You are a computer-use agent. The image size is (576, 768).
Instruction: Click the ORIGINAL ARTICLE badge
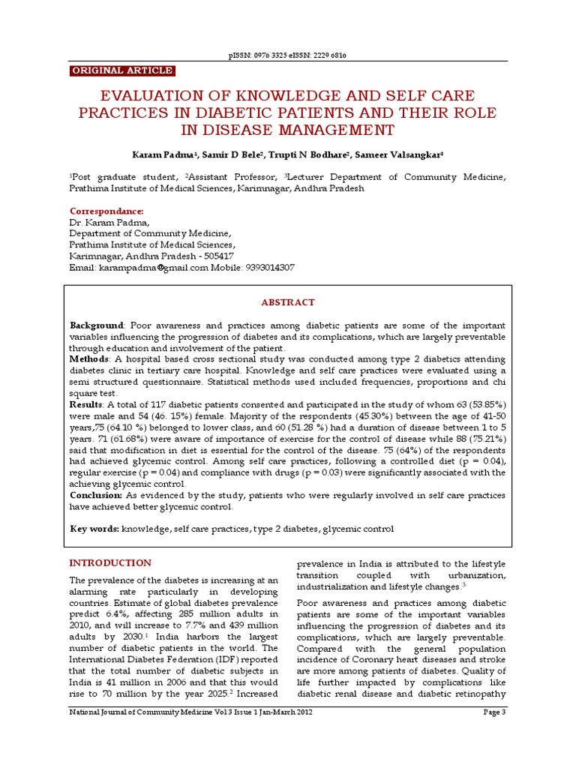(122, 71)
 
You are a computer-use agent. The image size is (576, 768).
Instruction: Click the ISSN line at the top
(288, 56)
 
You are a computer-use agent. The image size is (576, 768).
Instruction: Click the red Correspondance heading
(106, 211)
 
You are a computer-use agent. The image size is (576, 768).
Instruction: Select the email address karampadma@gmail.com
(153, 268)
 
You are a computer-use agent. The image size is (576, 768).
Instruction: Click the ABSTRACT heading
(288, 302)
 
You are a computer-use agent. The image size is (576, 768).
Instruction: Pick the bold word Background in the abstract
(96, 325)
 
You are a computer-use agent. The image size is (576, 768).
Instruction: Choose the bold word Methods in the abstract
(88, 360)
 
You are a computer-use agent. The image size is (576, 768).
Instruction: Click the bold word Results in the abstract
(87, 405)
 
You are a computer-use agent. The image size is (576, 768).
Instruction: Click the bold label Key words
(94, 529)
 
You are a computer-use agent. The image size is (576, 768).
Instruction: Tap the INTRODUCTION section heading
(110, 563)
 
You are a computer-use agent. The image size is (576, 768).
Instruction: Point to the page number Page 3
(494, 733)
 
